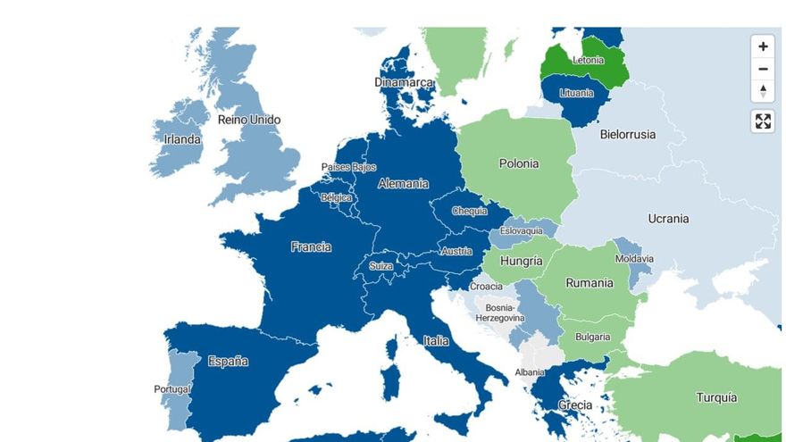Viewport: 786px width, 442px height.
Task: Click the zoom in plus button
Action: tap(763, 46)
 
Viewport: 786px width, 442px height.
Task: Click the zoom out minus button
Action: tap(763, 69)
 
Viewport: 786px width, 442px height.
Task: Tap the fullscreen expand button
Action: tap(763, 121)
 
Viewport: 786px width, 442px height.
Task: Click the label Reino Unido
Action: tap(249, 120)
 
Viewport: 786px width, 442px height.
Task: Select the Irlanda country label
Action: tap(182, 139)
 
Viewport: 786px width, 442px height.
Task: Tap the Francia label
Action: tap(311, 247)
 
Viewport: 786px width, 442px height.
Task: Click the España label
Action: tap(228, 362)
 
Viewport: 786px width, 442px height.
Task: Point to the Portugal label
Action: tap(171, 389)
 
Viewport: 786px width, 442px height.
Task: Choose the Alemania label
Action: tap(403, 184)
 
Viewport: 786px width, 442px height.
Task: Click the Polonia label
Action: tap(519, 163)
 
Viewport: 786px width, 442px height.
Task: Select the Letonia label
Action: tap(588, 61)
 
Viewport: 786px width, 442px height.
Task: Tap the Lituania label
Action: tap(576, 93)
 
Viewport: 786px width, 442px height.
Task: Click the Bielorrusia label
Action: tap(627, 135)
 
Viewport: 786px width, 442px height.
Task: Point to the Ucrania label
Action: tap(668, 219)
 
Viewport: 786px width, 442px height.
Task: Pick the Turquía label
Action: tap(716, 397)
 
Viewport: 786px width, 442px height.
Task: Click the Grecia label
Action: tap(574, 405)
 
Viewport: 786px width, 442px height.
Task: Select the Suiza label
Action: tap(381, 266)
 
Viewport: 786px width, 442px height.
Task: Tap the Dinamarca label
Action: tap(404, 83)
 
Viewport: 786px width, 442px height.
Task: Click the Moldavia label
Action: tap(634, 259)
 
